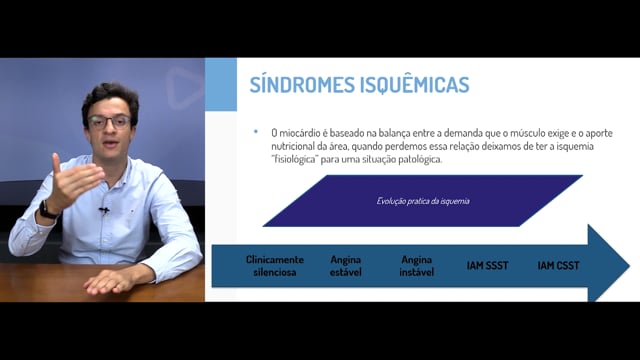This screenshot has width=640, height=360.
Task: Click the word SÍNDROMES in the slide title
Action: coord(302,84)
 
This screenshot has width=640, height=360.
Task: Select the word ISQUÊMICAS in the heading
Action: coord(415,85)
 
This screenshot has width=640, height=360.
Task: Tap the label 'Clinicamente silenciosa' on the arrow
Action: coord(275,266)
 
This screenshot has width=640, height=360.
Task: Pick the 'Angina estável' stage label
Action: coord(346,266)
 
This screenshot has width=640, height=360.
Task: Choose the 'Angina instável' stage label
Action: coord(416,266)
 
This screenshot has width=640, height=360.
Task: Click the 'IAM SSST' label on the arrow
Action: coord(487,266)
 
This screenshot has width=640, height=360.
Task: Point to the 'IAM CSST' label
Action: coord(558,266)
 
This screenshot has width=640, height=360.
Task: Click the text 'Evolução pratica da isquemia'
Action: coord(423,201)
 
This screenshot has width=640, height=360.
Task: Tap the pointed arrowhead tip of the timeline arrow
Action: coord(630,266)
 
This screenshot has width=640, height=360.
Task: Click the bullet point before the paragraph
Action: coord(256,131)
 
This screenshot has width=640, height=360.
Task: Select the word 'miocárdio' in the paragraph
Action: coord(300,133)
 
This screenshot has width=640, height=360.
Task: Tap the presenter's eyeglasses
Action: coord(109,122)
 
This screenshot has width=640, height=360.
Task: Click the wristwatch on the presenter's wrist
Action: coord(47,211)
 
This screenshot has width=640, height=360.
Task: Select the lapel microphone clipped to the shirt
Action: coord(104,211)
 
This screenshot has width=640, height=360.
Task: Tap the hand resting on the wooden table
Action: coord(107,282)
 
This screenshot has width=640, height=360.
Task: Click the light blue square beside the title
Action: coord(221,84)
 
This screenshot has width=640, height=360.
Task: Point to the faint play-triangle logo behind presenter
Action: coord(184,88)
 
